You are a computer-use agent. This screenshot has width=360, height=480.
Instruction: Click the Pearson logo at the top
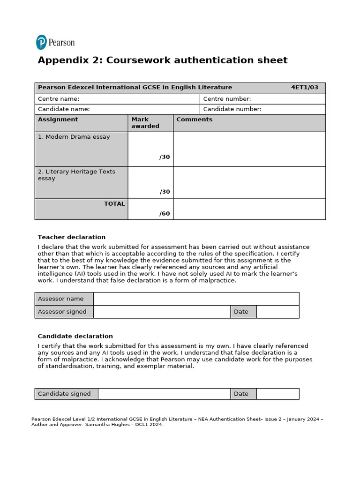(55, 42)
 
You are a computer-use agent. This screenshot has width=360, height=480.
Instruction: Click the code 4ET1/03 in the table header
(304, 87)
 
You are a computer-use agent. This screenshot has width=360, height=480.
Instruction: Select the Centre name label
(59, 99)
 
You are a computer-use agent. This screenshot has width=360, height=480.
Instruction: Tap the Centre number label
(227, 99)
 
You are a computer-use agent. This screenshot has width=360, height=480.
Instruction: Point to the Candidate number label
(232, 109)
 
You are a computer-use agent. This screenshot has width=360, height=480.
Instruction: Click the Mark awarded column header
(145, 123)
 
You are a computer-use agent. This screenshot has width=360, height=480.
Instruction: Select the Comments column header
(194, 120)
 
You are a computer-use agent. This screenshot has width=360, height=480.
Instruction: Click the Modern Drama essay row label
(74, 137)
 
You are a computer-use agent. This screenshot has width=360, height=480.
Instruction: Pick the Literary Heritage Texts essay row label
(76, 175)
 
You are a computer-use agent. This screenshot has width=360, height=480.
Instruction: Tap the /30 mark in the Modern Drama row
(165, 157)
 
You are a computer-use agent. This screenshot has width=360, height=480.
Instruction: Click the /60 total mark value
(165, 214)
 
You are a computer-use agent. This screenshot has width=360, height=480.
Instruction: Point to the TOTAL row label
(114, 204)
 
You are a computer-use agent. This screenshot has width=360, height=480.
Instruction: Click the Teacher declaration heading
(71, 237)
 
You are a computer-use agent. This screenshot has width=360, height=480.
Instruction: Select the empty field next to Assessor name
(196, 299)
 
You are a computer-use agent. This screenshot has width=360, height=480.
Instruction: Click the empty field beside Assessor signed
(162, 312)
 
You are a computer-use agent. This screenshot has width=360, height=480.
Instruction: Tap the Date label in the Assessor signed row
(241, 312)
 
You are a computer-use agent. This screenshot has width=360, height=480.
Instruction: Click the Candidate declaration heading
(75, 336)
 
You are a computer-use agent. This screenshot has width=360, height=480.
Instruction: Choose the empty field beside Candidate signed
(164, 394)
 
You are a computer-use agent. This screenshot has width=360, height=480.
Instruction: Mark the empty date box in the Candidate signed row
(277, 394)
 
